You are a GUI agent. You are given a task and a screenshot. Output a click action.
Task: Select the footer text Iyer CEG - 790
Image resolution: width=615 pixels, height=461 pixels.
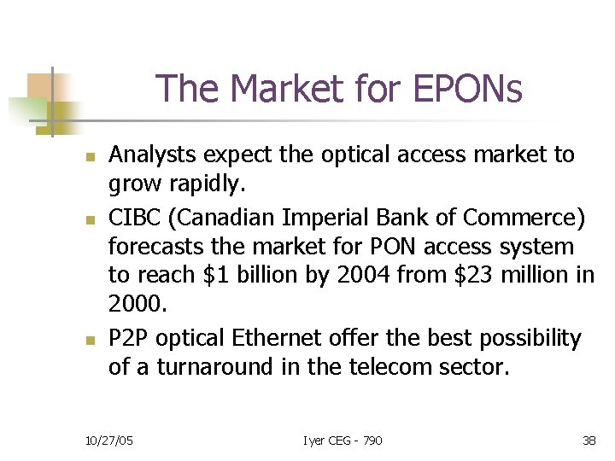pyautogui.click(x=343, y=441)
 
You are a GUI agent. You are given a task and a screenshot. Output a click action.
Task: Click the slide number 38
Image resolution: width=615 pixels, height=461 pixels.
pyautogui.click(x=589, y=441)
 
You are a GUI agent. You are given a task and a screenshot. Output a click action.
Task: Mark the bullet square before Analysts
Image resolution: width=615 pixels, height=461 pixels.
pyautogui.click(x=87, y=158)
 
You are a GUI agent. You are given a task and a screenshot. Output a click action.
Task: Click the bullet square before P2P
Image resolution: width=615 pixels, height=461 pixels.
pyautogui.click(x=87, y=341)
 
